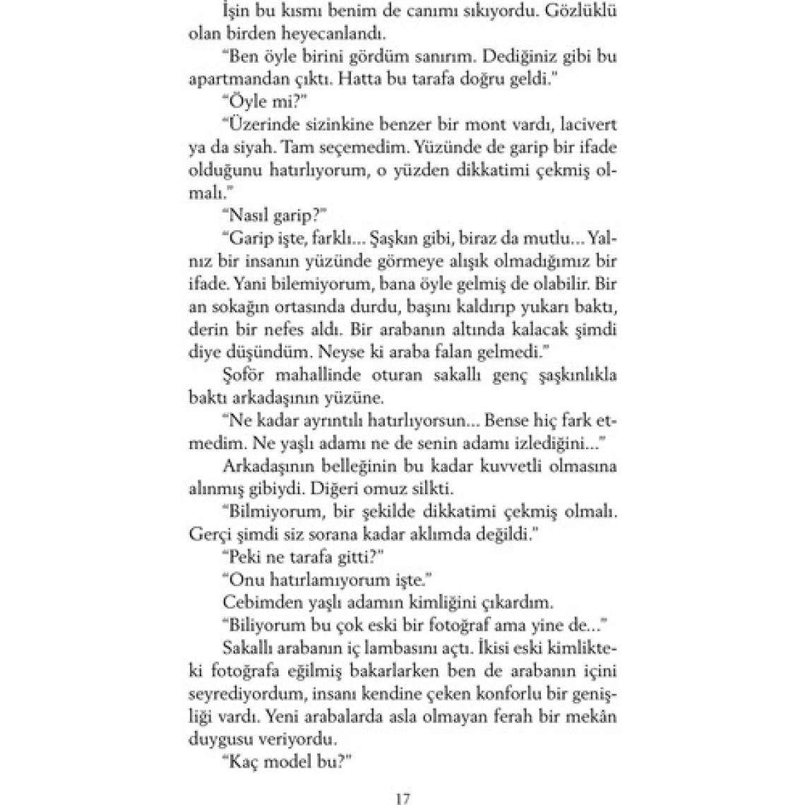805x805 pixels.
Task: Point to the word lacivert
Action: (x=585, y=125)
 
